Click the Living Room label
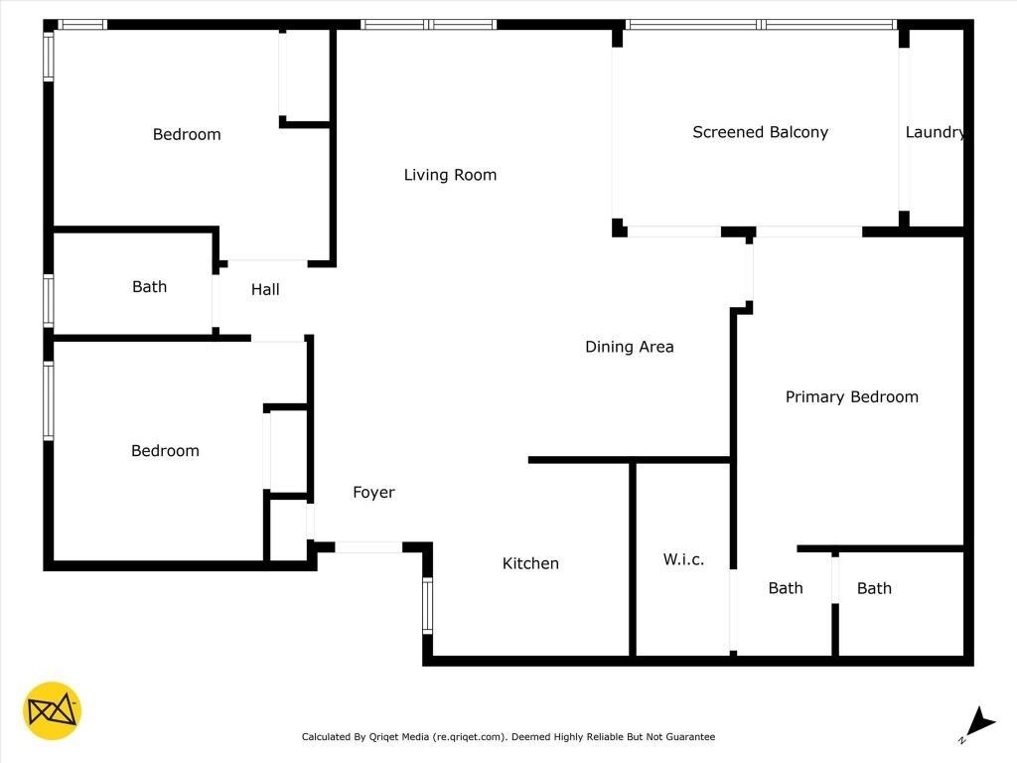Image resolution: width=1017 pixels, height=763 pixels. coord(450,175)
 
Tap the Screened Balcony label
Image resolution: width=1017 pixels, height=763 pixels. coord(760,132)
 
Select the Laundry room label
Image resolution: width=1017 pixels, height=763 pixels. coord(935,132)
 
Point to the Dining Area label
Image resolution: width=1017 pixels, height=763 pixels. coord(629,347)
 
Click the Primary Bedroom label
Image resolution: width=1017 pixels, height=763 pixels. coord(851,396)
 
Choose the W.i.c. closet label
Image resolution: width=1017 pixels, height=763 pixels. coord(683,559)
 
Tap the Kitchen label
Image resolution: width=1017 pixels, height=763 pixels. coord(530,563)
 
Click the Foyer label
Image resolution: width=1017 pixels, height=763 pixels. coord(373,492)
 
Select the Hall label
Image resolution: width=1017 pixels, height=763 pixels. coord(265,289)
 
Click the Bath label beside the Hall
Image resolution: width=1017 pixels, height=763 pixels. coord(149,286)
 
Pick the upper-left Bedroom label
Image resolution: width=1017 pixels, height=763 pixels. coord(187,134)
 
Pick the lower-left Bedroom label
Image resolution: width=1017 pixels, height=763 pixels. coord(165,450)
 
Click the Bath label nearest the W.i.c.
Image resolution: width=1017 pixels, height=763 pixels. coord(786,588)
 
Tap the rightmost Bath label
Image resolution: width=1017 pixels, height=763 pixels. coord(874,588)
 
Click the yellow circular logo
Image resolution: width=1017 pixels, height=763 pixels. coord(52,711)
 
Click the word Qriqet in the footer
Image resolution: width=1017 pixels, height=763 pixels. coord(388,737)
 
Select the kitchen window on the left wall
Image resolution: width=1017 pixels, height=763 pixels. coord(428,606)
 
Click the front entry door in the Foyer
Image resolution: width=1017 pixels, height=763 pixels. coord(368,546)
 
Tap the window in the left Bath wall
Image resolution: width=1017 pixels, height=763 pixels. coord(48,301)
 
